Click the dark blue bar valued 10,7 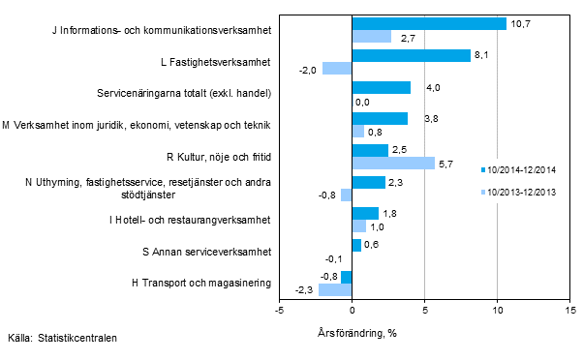(x=429, y=23)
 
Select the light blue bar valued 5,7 (x=393, y=163)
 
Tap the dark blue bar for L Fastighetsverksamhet (x=411, y=55)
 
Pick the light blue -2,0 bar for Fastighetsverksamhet (x=337, y=69)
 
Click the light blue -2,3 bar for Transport (x=335, y=289)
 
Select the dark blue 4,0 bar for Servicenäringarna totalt (x=381, y=87)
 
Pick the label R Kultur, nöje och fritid (x=219, y=157)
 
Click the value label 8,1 (x=479, y=55)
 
